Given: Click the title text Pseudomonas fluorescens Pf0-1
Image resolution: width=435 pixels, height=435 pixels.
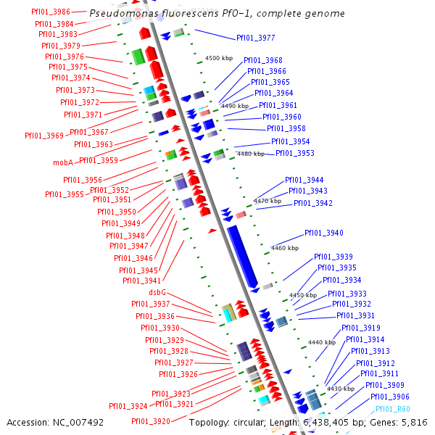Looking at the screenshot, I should click(x=217, y=14).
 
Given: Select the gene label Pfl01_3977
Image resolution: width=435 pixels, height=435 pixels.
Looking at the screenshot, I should click(x=255, y=38).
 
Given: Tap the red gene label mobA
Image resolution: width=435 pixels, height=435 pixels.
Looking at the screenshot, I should click(x=63, y=162).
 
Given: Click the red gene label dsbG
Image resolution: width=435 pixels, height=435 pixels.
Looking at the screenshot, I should click(x=158, y=292).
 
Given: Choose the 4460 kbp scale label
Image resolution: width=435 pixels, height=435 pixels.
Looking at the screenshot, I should click(x=284, y=248).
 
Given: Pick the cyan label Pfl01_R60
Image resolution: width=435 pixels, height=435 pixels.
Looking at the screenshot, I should click(x=392, y=410).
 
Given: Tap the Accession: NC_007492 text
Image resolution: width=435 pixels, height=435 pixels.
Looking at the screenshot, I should click(x=55, y=422).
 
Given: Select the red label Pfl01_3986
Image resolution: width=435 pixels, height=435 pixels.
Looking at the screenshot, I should click(x=51, y=12).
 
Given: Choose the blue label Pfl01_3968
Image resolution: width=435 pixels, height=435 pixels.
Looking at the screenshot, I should click(x=263, y=60).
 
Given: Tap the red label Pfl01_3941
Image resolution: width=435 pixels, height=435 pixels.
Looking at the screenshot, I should click(x=141, y=281).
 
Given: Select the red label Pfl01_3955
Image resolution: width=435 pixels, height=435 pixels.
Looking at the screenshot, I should click(x=64, y=194).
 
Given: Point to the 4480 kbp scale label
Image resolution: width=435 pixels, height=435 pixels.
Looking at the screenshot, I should click(x=251, y=154).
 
